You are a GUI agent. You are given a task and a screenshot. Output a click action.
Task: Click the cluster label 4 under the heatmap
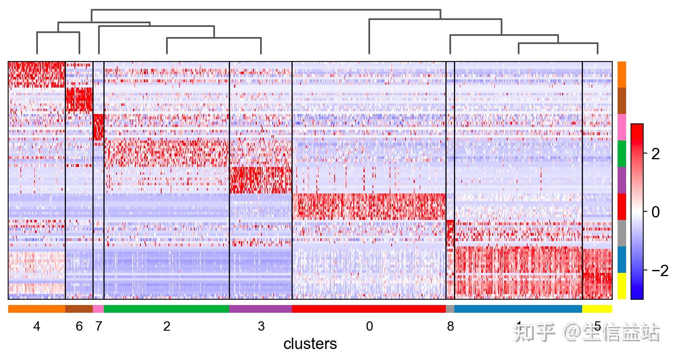[x=37, y=327]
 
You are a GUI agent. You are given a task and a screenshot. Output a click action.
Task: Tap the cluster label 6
[x=79, y=327]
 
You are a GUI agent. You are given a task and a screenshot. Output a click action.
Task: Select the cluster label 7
[x=99, y=327]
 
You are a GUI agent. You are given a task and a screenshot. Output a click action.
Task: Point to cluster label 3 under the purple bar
[x=261, y=327]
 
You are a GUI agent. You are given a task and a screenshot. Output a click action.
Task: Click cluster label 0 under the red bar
[x=369, y=327]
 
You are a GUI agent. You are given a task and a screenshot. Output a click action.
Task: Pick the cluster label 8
[x=450, y=327]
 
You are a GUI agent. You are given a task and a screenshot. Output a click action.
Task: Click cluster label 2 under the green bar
[x=167, y=327]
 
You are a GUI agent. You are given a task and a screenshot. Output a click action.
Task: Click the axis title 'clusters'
[x=310, y=344]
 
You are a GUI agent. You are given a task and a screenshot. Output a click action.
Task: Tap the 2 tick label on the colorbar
[x=655, y=154]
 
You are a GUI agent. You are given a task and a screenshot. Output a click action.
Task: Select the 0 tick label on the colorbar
[x=655, y=212]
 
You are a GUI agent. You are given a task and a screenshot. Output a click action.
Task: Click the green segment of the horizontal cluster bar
[x=167, y=309]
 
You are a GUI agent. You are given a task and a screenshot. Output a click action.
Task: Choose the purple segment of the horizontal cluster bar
[x=261, y=309]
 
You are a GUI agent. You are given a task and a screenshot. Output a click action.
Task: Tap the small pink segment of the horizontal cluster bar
[x=98, y=309]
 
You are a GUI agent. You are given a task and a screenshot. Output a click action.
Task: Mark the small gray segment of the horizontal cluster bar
[x=450, y=309]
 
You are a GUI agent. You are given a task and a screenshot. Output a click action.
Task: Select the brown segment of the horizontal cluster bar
[x=79, y=309]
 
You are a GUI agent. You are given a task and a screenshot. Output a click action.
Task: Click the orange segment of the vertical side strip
[x=622, y=75]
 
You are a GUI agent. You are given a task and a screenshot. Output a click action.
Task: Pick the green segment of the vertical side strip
[x=622, y=154]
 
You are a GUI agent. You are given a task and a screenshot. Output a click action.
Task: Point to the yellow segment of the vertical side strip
[x=622, y=286]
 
